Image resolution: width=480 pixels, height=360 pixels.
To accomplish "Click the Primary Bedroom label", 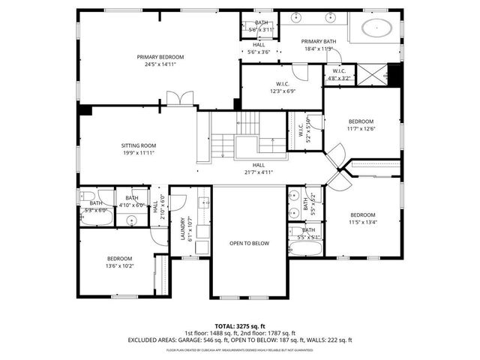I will pyautogui.click(x=155, y=57).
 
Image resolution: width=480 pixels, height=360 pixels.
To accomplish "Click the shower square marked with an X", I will pyautogui.click(x=372, y=75).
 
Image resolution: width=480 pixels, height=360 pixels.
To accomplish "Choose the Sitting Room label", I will pyautogui.click(x=139, y=145).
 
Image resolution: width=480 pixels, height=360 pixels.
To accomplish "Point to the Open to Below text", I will pyautogui.click(x=249, y=243).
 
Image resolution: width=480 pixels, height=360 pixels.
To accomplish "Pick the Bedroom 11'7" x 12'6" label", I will pyautogui.click(x=361, y=121).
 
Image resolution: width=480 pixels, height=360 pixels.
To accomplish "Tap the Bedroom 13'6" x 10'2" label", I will pyautogui.click(x=119, y=259).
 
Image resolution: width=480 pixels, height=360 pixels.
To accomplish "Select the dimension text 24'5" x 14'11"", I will pyautogui.click(x=155, y=64).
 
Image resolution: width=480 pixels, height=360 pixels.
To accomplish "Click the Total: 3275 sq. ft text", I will pyautogui.click(x=239, y=326).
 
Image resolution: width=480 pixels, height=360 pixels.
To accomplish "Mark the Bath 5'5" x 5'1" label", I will pyautogui.click(x=308, y=230).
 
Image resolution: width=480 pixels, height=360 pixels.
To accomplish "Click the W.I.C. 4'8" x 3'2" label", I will pyautogui.click(x=340, y=73).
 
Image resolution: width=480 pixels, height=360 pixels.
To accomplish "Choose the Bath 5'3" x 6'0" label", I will pyautogui.click(x=96, y=202).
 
